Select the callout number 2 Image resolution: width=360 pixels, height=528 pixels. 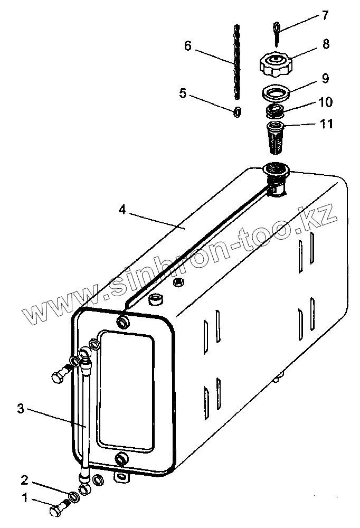click(24, 480)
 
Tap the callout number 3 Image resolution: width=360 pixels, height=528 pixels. click(21, 408)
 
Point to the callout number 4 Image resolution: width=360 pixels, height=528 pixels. click(122, 210)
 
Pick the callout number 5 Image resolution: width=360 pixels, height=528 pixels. click(183, 93)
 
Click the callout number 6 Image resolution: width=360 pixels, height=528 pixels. click(187, 46)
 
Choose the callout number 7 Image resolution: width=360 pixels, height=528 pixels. click(324, 16)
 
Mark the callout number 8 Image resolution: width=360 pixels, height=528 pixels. click(326, 44)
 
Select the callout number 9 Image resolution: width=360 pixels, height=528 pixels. click(325, 79)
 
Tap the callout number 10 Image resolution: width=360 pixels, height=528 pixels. click(325, 101)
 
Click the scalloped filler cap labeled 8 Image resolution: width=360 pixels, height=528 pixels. click(276, 64)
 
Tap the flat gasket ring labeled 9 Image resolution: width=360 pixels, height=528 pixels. click(276, 93)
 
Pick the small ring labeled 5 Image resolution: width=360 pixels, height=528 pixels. click(238, 111)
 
